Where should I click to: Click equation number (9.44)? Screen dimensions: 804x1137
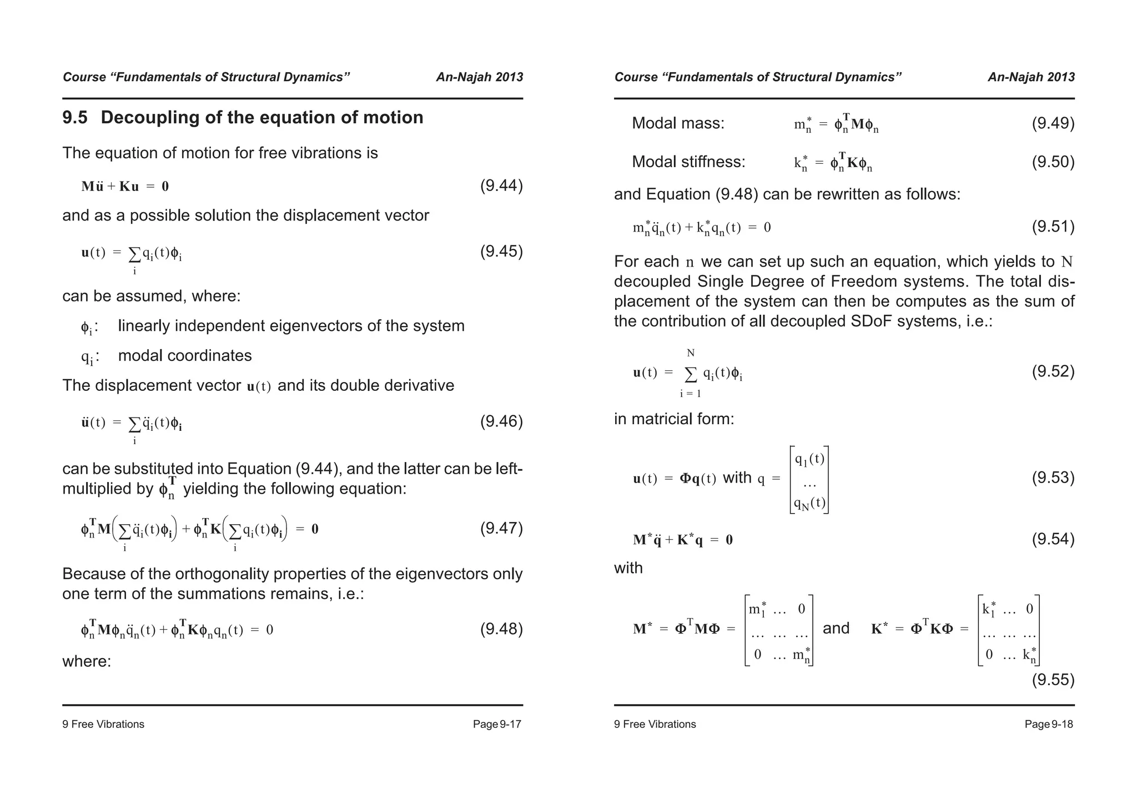501,185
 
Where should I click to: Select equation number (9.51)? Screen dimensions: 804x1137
1053,227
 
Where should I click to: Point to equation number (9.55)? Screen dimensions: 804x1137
1053,680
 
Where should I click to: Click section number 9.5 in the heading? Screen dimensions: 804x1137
75,118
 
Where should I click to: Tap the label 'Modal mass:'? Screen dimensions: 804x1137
678,123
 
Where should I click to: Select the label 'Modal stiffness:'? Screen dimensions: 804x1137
688,162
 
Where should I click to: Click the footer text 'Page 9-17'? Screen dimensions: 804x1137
497,724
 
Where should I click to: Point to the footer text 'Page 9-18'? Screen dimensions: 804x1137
1049,724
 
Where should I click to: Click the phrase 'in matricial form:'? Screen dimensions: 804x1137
673,419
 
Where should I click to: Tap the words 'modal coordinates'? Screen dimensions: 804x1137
185,355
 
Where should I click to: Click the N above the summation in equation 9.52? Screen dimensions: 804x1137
691,353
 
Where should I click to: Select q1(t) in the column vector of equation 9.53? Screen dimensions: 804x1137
809,459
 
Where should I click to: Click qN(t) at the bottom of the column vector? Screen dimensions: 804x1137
809,503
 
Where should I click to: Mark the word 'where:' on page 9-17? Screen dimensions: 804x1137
87,661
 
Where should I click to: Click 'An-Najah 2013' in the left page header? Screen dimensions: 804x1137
479,77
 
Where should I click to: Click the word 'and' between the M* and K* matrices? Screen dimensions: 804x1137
836,628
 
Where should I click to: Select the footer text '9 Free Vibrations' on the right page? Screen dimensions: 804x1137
655,724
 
